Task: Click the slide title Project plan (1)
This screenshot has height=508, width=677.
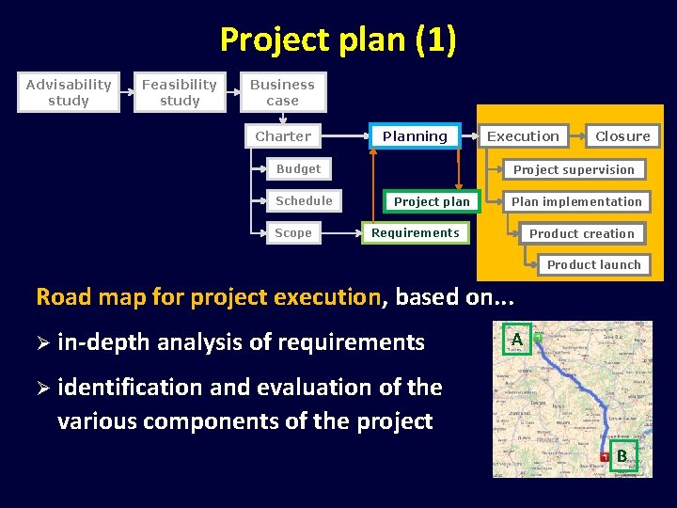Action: (338, 40)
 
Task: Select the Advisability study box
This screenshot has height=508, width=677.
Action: (69, 92)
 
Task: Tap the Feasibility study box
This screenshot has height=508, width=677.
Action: (180, 92)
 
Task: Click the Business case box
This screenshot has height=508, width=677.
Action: (282, 92)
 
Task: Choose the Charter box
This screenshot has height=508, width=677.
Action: (283, 136)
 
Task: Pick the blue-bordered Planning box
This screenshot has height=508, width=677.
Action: (415, 136)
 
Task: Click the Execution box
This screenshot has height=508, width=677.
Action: (523, 136)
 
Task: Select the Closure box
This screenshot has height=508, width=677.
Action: (622, 136)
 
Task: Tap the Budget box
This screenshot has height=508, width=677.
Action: (298, 169)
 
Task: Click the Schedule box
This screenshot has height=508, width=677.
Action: (304, 201)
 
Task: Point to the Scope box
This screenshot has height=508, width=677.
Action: (293, 233)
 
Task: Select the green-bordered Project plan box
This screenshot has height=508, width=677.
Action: (432, 201)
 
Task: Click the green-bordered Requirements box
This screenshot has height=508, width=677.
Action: (415, 232)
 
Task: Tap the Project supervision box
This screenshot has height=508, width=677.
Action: (574, 170)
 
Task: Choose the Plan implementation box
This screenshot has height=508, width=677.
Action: (576, 201)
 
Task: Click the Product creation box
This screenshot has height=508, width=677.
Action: (581, 233)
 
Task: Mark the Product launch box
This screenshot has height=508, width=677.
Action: (593, 265)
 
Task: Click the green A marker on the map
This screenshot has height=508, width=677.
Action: (516, 339)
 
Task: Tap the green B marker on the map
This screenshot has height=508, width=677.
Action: (622, 456)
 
